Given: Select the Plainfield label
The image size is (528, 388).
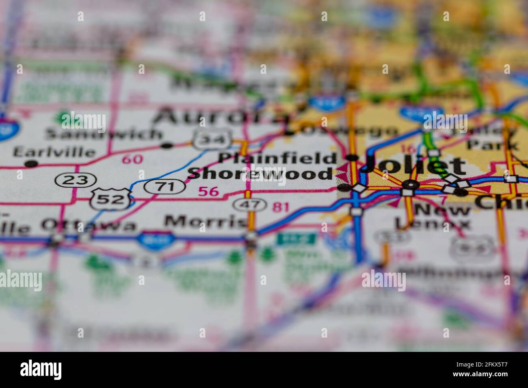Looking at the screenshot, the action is (277, 158).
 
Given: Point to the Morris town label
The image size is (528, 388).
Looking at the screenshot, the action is (206, 222).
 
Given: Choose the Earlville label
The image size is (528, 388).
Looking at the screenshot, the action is (54, 152).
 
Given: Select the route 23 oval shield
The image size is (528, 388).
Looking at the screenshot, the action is (76, 180).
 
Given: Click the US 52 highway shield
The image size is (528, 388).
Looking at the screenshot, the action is (110, 199).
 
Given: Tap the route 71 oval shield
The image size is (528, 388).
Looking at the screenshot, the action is (165, 186).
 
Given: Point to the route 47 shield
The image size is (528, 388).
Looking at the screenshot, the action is (249, 205).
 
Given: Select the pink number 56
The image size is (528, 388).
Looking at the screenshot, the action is (208, 191).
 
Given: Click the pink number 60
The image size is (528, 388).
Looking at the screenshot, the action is (132, 159).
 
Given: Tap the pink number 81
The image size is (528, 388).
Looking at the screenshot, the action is (281, 207).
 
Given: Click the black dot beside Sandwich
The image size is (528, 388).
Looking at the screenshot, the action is (167, 145).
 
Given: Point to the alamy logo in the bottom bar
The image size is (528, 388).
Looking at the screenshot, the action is (41, 370).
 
